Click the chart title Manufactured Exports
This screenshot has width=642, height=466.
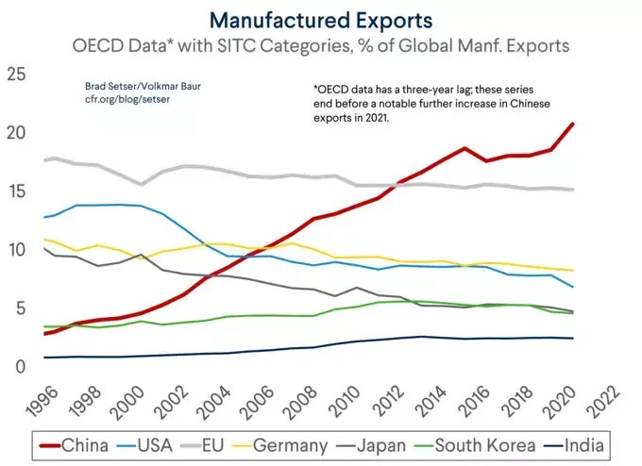click(x=321, y=20)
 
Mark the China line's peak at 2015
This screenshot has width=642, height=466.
click(x=465, y=148)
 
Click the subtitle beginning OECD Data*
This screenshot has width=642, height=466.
click(x=321, y=45)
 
